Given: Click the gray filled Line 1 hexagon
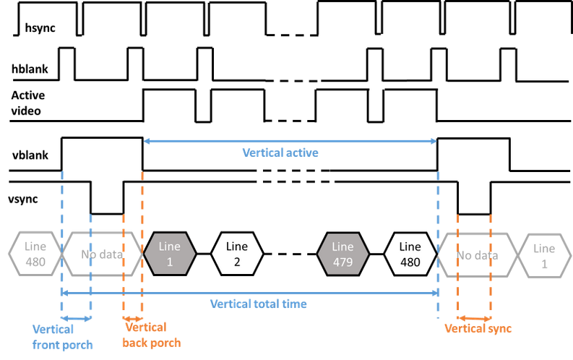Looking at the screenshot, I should [170, 254].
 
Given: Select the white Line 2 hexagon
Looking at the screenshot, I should [236, 254].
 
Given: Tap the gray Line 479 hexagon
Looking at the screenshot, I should [343, 254].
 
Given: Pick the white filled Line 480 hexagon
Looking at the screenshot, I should [410, 254].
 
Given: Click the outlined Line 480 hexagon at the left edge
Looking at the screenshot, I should [35, 254].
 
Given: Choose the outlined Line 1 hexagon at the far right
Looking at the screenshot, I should [546, 254].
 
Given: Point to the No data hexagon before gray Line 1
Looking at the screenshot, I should [102, 254].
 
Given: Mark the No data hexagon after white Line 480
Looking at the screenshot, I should [478, 254].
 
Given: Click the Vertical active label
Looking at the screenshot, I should [280, 153].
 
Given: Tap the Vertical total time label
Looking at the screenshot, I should [259, 304].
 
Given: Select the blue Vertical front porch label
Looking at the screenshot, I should [63, 337].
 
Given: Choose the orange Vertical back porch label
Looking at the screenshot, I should [150, 335].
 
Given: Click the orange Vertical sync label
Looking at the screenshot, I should [478, 329].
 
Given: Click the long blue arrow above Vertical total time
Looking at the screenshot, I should [250, 292].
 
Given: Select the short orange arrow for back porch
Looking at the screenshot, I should [133, 317].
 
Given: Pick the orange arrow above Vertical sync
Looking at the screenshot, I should [473, 317].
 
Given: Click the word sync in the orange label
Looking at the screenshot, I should [499, 329].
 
